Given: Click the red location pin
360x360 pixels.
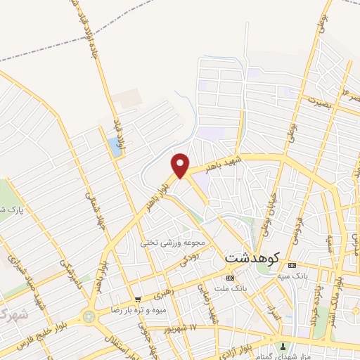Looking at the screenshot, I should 181,165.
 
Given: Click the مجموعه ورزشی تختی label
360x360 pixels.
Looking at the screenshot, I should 172,243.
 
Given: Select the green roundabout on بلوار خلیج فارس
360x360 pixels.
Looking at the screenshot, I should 89,317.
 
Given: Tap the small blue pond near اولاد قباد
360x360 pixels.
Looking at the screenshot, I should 114,147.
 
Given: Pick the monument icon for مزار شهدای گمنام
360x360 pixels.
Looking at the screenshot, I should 283,345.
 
